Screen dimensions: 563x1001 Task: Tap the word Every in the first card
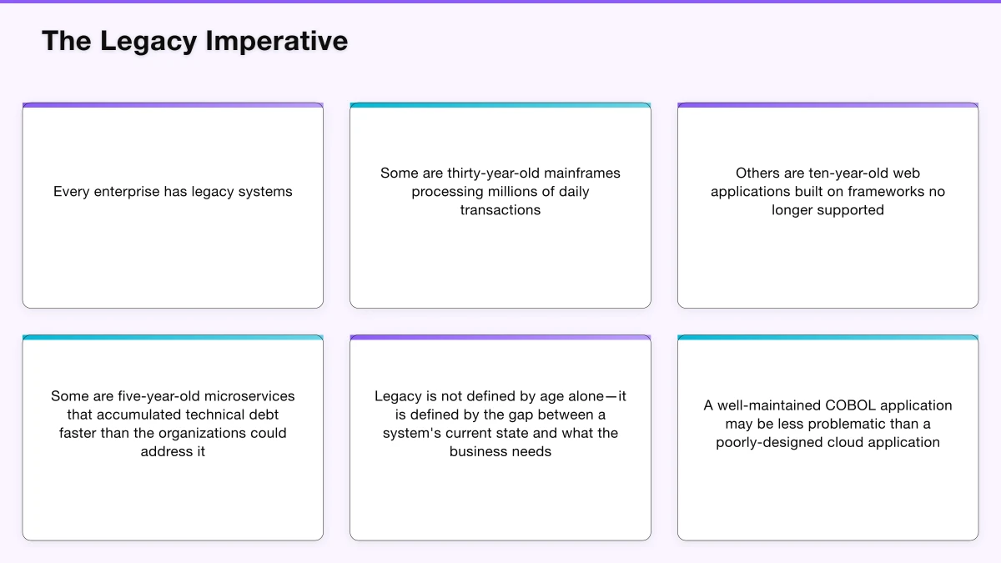click(72, 192)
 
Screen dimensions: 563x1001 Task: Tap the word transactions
click(500, 210)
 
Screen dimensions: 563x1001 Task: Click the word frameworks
click(890, 192)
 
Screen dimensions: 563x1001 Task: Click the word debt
click(263, 415)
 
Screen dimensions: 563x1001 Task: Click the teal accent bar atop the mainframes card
click(500, 105)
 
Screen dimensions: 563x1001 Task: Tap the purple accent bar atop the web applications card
click(827, 105)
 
